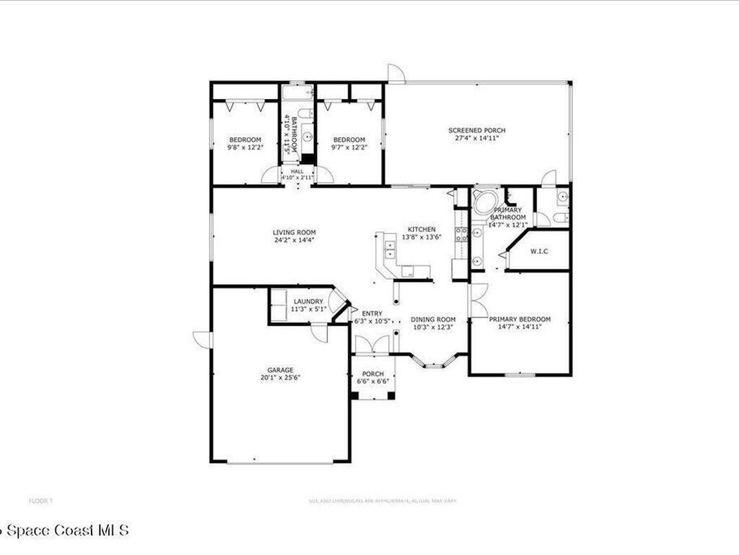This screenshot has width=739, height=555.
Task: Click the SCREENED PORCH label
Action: pyautogui.click(x=477, y=131)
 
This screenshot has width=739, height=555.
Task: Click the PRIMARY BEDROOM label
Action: pyautogui.click(x=520, y=319)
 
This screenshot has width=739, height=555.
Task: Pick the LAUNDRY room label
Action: pyautogui.click(x=308, y=301)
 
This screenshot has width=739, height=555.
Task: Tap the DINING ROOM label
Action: pyautogui.click(x=433, y=319)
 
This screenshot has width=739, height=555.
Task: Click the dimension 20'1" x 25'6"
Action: pyautogui.click(x=281, y=377)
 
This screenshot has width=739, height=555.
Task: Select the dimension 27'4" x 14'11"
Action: pyautogui.click(x=477, y=137)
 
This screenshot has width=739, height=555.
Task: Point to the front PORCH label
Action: pyautogui.click(x=373, y=374)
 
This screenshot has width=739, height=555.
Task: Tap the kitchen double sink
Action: pyautogui.click(x=390, y=249)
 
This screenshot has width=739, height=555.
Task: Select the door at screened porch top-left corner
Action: pyautogui.click(x=395, y=73)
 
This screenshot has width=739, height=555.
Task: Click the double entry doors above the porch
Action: pyautogui.click(x=373, y=345)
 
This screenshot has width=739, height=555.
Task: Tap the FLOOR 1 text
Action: pyautogui.click(x=40, y=500)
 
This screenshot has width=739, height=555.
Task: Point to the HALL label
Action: pyautogui.click(x=297, y=171)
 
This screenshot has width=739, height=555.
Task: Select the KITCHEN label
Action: pyautogui.click(x=422, y=229)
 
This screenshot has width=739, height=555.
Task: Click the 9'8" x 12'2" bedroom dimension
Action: pyautogui.click(x=246, y=147)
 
